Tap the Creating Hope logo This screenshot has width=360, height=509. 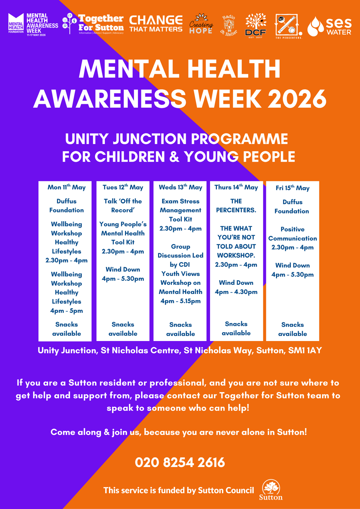point(201,25)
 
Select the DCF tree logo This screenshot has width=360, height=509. point(255,26)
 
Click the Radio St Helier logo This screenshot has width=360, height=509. point(229,25)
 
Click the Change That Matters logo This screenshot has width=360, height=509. point(156,24)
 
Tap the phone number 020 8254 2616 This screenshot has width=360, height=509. point(180,463)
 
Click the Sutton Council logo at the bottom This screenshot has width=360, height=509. point(271,490)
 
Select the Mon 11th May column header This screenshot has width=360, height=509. point(66,187)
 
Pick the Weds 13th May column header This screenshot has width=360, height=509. point(180,187)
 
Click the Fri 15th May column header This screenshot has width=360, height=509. point(292,188)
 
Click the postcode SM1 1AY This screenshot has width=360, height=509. point(305,350)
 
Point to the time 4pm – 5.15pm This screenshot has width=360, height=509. point(180,301)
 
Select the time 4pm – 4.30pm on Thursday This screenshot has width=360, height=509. point(236,292)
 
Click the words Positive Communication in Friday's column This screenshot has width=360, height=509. point(292,234)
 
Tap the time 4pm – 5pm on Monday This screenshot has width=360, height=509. point(66,311)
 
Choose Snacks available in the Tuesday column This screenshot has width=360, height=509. point(123,329)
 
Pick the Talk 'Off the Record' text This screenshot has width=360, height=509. point(123,206)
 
